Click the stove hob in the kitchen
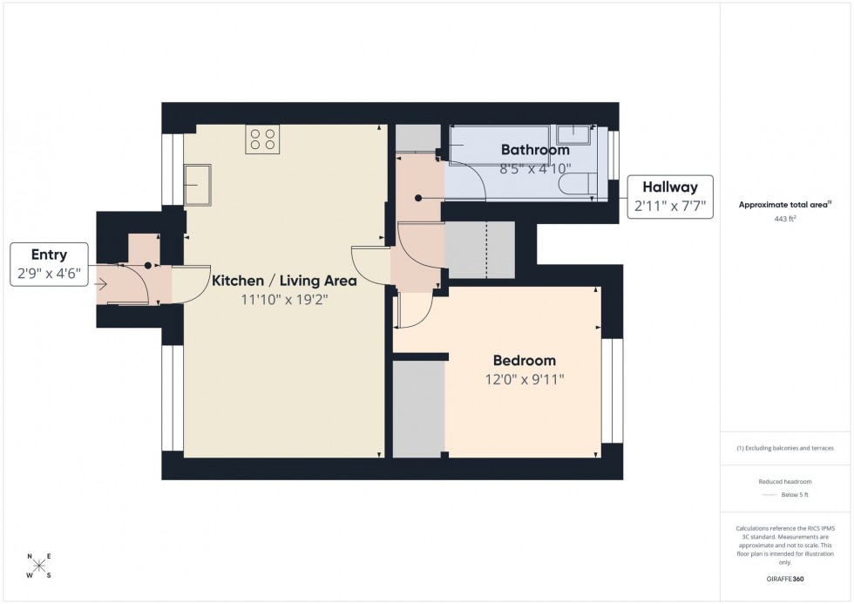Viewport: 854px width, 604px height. (x=262, y=139)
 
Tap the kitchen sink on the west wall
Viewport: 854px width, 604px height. (x=197, y=183)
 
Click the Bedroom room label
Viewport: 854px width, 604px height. (x=524, y=360)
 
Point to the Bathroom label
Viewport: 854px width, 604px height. (x=534, y=150)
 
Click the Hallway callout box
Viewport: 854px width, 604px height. (x=670, y=197)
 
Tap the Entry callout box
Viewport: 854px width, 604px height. (x=49, y=264)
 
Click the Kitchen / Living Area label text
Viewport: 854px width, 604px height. (x=284, y=281)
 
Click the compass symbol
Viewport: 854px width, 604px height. (x=38, y=566)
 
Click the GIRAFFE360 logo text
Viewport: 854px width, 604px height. (x=785, y=578)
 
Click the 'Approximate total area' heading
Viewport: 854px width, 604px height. (x=785, y=205)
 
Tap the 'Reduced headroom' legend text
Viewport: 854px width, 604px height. (x=785, y=480)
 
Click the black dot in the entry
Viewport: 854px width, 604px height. (x=148, y=264)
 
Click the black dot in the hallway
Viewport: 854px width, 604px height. (x=418, y=198)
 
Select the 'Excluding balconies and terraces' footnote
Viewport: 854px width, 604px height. (x=785, y=448)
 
